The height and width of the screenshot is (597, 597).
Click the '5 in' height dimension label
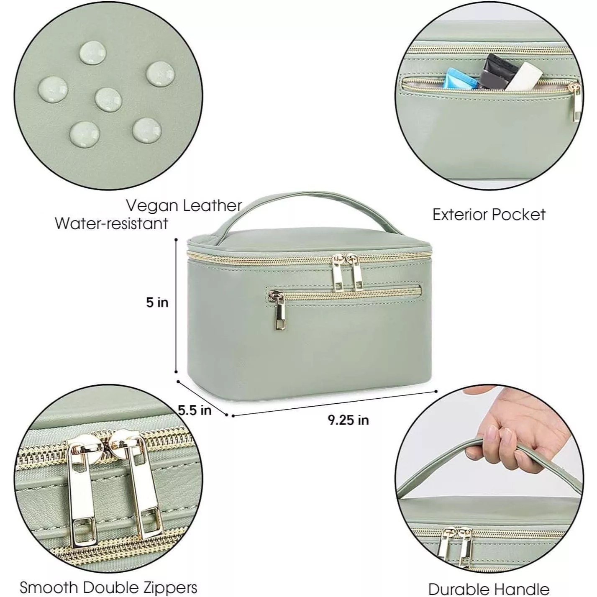tap(157, 302)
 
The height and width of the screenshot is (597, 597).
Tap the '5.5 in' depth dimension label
tap(195, 410)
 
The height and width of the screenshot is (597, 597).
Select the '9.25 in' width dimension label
tap(348, 420)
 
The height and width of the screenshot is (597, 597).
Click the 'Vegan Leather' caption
tap(184, 206)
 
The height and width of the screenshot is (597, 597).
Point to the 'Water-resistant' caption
tap(112, 223)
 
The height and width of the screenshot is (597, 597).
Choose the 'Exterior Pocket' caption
tap(489, 215)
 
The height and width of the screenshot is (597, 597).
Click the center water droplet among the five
tap(108, 99)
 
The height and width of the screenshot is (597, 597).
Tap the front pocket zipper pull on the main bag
tap(279, 311)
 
